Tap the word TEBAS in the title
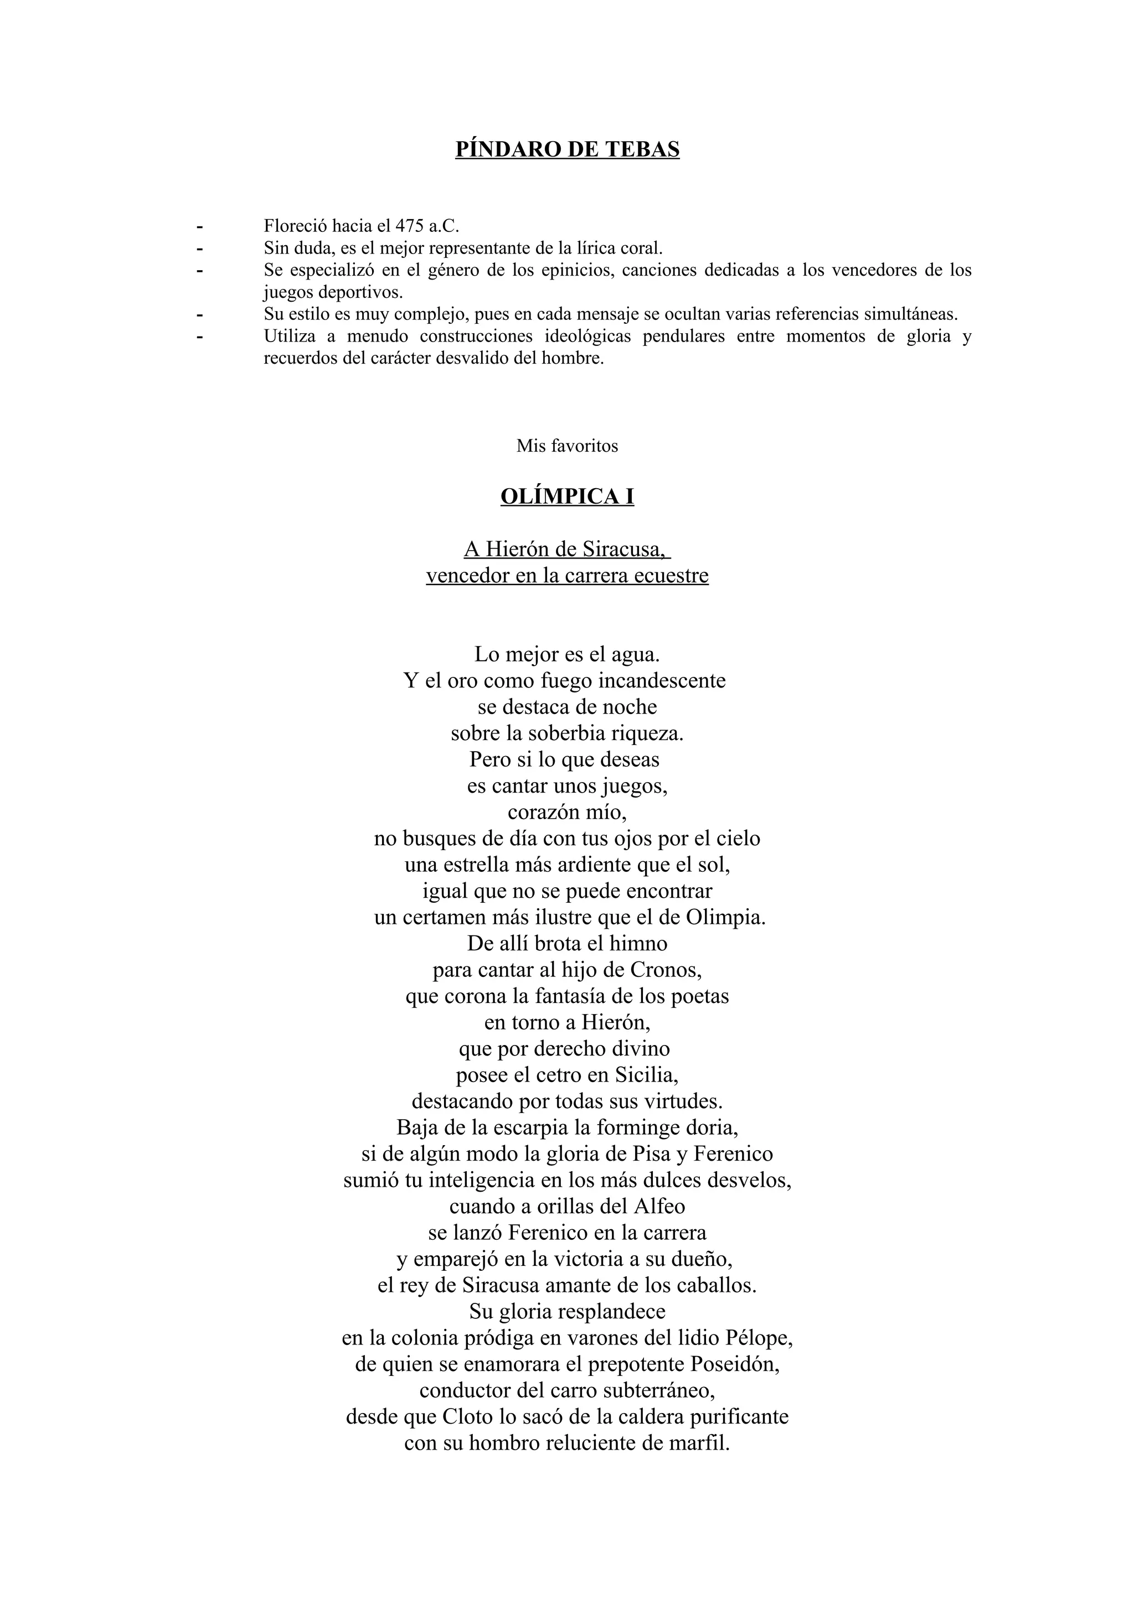pyautogui.click(x=643, y=149)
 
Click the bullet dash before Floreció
pyautogui.click(x=200, y=226)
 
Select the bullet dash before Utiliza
pyautogui.click(x=200, y=337)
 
